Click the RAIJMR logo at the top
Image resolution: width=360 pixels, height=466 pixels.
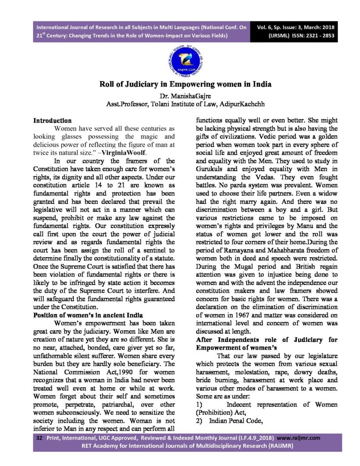click(179, 61)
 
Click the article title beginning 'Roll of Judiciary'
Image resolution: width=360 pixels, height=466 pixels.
click(179, 85)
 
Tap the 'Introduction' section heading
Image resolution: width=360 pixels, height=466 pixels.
click(52, 121)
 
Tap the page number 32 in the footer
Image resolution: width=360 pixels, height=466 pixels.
click(40, 437)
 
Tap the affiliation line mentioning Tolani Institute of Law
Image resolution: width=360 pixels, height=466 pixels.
click(179, 104)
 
